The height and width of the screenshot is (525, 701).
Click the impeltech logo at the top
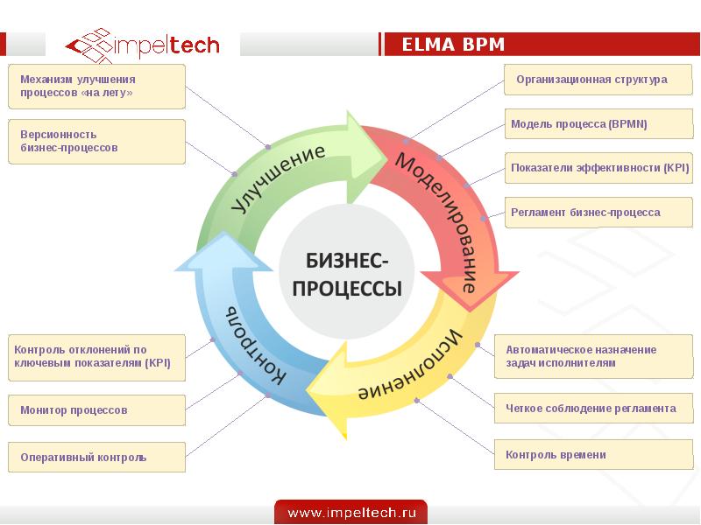(144, 45)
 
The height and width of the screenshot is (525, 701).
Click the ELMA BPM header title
(453, 45)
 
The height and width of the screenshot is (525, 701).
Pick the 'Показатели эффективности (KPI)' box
(600, 168)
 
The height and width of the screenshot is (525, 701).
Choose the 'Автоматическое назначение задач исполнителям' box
(592, 356)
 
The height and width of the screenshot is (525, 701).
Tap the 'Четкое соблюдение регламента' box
(592, 409)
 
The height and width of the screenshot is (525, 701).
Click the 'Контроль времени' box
(592, 455)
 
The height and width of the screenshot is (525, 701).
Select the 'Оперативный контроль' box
(96, 458)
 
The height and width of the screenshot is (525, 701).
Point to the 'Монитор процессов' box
(96, 410)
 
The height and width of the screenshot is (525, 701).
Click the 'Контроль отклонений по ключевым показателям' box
(96, 357)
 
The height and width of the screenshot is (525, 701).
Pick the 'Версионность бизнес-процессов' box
(96, 142)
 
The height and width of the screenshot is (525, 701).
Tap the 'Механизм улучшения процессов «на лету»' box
(96, 86)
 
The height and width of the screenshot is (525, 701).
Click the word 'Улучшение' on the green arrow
(280, 178)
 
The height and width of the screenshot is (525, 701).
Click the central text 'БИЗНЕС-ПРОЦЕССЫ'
(347, 274)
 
